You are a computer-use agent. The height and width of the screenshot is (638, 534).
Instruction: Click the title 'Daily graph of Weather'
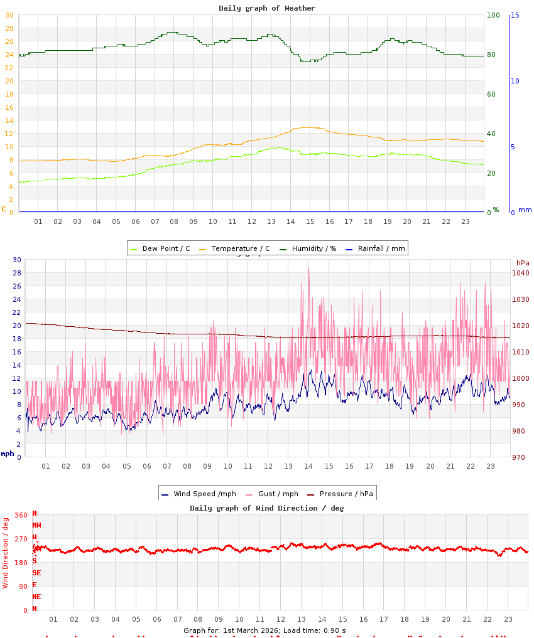pos(267,8)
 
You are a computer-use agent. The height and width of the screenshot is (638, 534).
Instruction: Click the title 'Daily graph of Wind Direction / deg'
pos(267,508)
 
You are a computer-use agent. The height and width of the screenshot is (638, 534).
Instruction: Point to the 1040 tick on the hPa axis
pos(521,273)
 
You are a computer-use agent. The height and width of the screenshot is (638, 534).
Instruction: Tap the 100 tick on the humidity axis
pos(493,15)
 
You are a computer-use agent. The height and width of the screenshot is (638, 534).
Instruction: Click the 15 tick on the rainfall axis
pos(515,15)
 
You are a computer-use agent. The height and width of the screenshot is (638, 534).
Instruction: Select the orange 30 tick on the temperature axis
pos(9,15)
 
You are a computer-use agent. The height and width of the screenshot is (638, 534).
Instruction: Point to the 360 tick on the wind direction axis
pos(21,515)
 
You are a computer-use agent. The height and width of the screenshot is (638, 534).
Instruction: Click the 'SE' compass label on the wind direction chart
pos(36,573)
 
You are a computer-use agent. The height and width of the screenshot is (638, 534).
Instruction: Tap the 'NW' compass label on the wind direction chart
pos(36,525)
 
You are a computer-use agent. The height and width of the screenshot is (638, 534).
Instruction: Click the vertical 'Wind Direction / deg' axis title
pos(6,553)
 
